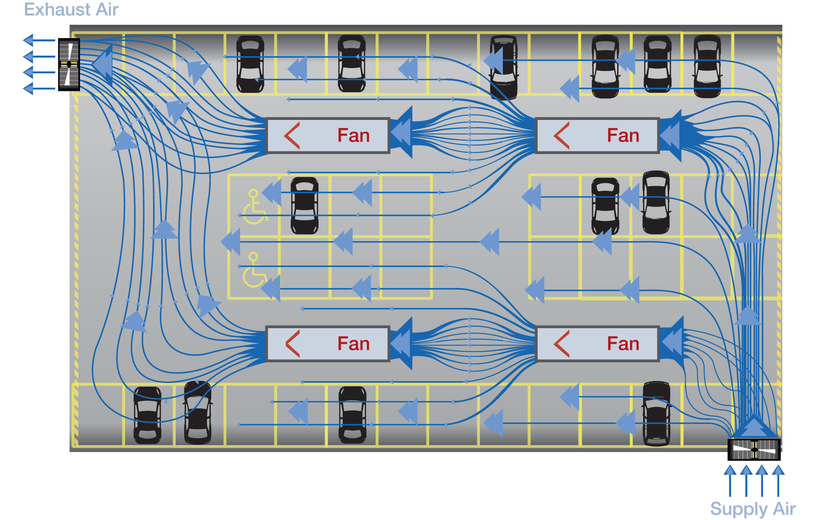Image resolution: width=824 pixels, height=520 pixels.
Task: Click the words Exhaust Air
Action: click(x=71, y=10)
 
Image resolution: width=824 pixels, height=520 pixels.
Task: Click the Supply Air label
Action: click(x=753, y=509)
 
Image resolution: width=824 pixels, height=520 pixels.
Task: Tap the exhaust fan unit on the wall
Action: click(x=69, y=65)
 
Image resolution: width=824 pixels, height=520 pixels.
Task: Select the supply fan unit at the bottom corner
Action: click(x=754, y=449)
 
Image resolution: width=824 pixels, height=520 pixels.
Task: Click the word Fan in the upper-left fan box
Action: click(x=354, y=136)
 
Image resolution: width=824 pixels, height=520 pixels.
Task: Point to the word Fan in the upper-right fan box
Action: click(x=623, y=136)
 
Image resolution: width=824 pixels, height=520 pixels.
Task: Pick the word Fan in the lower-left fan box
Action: click(x=354, y=344)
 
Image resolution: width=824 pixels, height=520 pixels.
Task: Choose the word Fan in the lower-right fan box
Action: click(x=623, y=344)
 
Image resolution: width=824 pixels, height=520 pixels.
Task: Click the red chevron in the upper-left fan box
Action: click(x=292, y=136)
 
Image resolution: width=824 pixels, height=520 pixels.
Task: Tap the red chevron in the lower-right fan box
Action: click(x=562, y=344)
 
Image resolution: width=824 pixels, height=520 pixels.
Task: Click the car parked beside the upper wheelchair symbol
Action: click(x=305, y=205)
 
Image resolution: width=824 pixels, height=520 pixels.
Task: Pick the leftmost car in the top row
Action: click(x=250, y=64)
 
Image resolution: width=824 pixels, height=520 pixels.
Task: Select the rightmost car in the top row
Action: click(x=708, y=66)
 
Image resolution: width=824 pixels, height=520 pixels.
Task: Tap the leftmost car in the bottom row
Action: click(x=148, y=415)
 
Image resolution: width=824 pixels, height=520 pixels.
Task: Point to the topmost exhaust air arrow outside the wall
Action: click(x=39, y=40)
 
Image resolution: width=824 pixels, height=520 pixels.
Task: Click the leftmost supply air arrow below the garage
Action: click(x=730, y=481)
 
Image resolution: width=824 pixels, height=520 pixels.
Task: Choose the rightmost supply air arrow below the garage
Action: click(x=778, y=481)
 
